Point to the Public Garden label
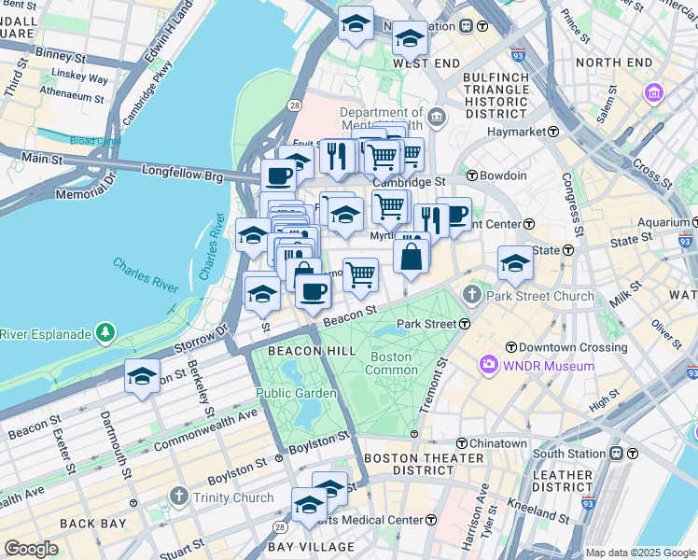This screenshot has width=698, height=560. [x=296, y=393]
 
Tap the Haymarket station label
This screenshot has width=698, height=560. [x=518, y=133]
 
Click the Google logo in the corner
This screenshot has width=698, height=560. [x=31, y=549]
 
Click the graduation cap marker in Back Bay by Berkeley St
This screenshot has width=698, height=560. [x=142, y=376]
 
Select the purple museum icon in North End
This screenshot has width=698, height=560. [x=653, y=93]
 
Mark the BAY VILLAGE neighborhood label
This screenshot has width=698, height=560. [x=312, y=546]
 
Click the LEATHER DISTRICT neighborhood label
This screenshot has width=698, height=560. [x=563, y=482]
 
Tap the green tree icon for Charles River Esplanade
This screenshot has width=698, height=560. [x=106, y=333]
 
